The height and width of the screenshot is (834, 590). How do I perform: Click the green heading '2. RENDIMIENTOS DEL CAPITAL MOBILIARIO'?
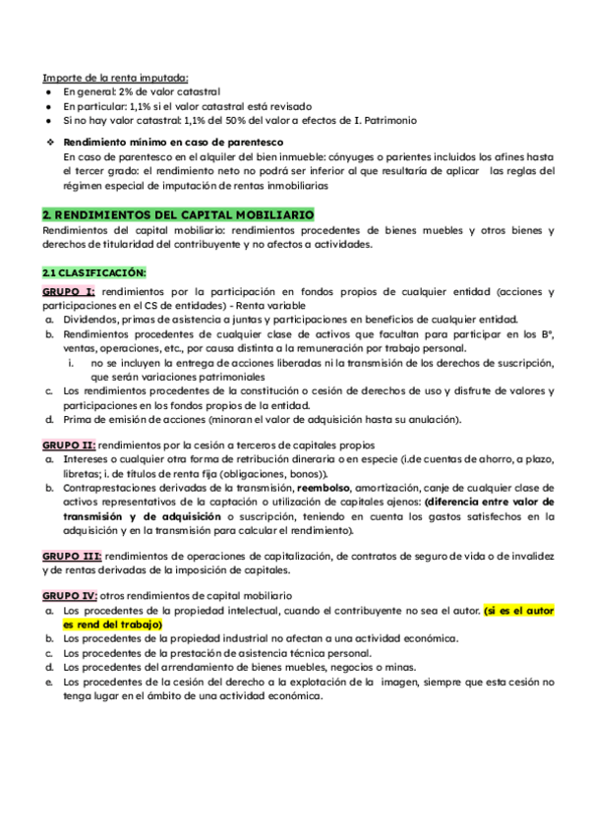point(178,213)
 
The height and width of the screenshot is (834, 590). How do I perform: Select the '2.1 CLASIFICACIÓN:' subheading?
point(93,271)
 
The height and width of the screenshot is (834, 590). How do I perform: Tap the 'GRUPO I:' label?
point(69,292)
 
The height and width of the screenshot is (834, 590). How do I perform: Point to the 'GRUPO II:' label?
point(70,445)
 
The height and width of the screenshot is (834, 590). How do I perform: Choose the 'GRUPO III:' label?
point(72,556)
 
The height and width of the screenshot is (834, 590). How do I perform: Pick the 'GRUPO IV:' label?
point(70,596)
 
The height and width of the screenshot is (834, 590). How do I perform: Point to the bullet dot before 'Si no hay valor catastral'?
point(48,120)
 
